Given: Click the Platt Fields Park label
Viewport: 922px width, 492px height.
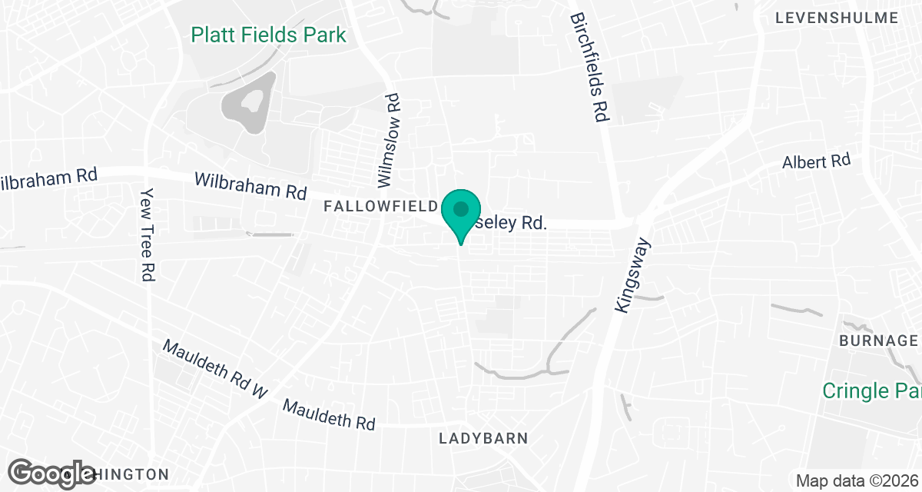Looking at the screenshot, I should click(x=268, y=35).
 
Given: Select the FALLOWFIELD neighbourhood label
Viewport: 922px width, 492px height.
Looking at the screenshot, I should click(x=381, y=206).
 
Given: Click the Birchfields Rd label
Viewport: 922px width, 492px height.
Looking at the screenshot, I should click(x=590, y=67).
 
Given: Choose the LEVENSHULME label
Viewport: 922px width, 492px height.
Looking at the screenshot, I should click(x=837, y=18).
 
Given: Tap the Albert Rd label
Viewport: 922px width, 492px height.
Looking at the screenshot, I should click(x=816, y=162).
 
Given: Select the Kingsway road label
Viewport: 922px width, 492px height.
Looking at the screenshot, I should click(x=633, y=275).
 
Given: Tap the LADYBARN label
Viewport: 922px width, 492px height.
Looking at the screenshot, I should click(x=483, y=438).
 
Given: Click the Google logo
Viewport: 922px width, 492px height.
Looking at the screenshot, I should click(x=52, y=473).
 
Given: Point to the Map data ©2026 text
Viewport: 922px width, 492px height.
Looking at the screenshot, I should click(x=856, y=481).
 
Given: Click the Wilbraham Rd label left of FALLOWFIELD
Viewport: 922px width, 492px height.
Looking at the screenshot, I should click(x=250, y=185).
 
